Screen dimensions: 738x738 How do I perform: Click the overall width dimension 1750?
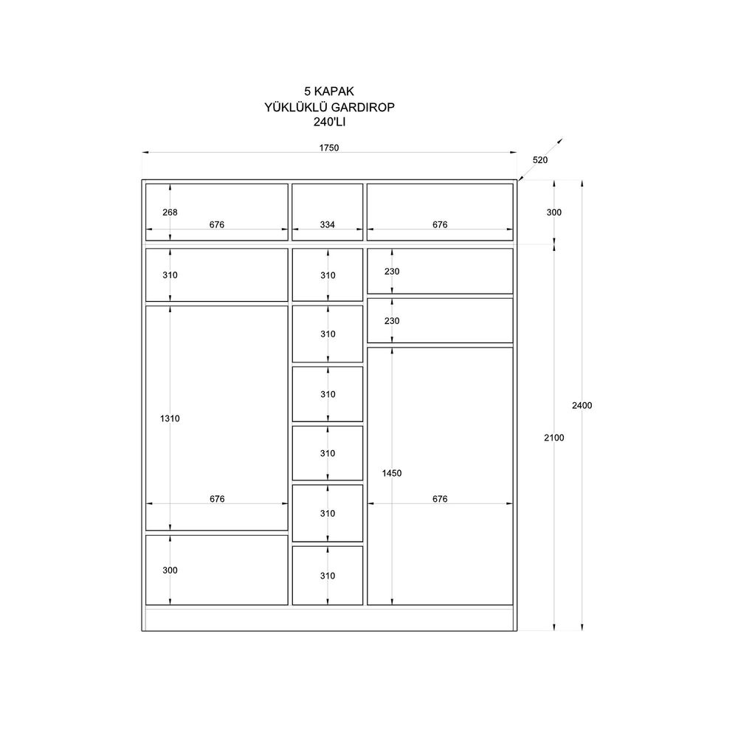tap(329, 148)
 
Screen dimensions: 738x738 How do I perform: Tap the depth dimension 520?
tap(540, 160)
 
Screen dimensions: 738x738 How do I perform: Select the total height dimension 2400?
tap(582, 405)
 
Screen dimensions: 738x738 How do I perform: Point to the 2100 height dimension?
tap(554, 438)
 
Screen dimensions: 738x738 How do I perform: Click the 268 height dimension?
tap(170, 213)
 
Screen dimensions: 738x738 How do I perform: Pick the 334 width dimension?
tap(327, 225)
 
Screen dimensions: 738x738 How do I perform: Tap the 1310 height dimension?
tap(170, 418)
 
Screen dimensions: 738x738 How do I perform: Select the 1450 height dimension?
tap(392, 473)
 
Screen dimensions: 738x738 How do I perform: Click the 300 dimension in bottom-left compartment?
tap(170, 570)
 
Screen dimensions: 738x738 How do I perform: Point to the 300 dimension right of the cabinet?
tap(554, 213)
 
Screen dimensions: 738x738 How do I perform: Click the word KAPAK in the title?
tap(334, 92)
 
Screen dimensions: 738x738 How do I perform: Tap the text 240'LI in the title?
tap(329, 123)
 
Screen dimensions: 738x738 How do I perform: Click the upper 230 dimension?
tap(392, 272)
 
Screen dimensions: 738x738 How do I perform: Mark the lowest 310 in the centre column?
tap(327, 576)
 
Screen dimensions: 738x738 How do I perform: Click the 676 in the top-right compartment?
tap(440, 225)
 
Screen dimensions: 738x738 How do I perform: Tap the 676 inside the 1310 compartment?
tap(217, 499)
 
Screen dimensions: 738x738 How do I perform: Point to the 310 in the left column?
tap(170, 275)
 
